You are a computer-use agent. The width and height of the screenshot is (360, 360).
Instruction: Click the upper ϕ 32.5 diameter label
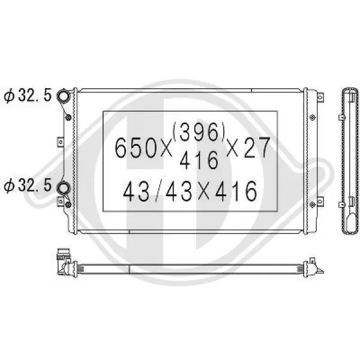pyautogui.click(x=28, y=95)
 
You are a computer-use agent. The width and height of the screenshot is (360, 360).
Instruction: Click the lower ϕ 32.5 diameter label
pyautogui.click(x=28, y=185)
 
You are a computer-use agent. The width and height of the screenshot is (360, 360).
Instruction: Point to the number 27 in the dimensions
pyautogui.click(x=257, y=147)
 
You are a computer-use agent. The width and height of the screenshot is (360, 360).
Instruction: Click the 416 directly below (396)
pyautogui.click(x=199, y=160)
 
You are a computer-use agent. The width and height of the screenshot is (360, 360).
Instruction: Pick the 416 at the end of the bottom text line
pyautogui.click(x=236, y=191)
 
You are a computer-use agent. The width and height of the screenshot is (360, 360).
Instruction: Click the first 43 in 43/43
pyautogui.click(x=136, y=191)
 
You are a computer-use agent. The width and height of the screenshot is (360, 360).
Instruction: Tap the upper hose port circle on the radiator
pyautogui.click(x=63, y=95)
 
